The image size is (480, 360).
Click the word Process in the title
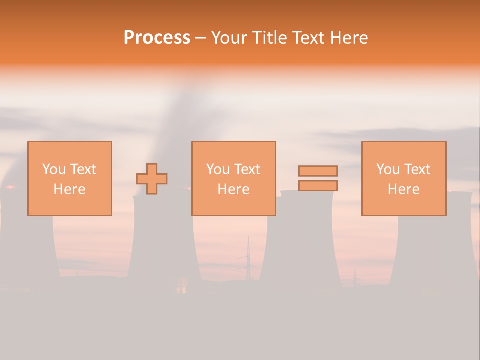click(157, 38)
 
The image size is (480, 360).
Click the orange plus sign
click(152, 179)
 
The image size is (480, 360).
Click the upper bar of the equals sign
click(318, 171)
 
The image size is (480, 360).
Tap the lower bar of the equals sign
click(318, 185)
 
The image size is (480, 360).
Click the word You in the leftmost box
click(54, 169)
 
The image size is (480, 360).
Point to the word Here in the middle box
click(234, 189)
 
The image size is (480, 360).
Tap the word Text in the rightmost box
click(417, 169)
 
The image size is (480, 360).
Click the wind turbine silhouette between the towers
click(248, 260)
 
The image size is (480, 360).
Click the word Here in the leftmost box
click(70, 189)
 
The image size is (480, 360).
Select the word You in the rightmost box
click(388, 169)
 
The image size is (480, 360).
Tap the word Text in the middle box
click(247, 169)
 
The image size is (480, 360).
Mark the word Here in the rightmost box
click(404, 189)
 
